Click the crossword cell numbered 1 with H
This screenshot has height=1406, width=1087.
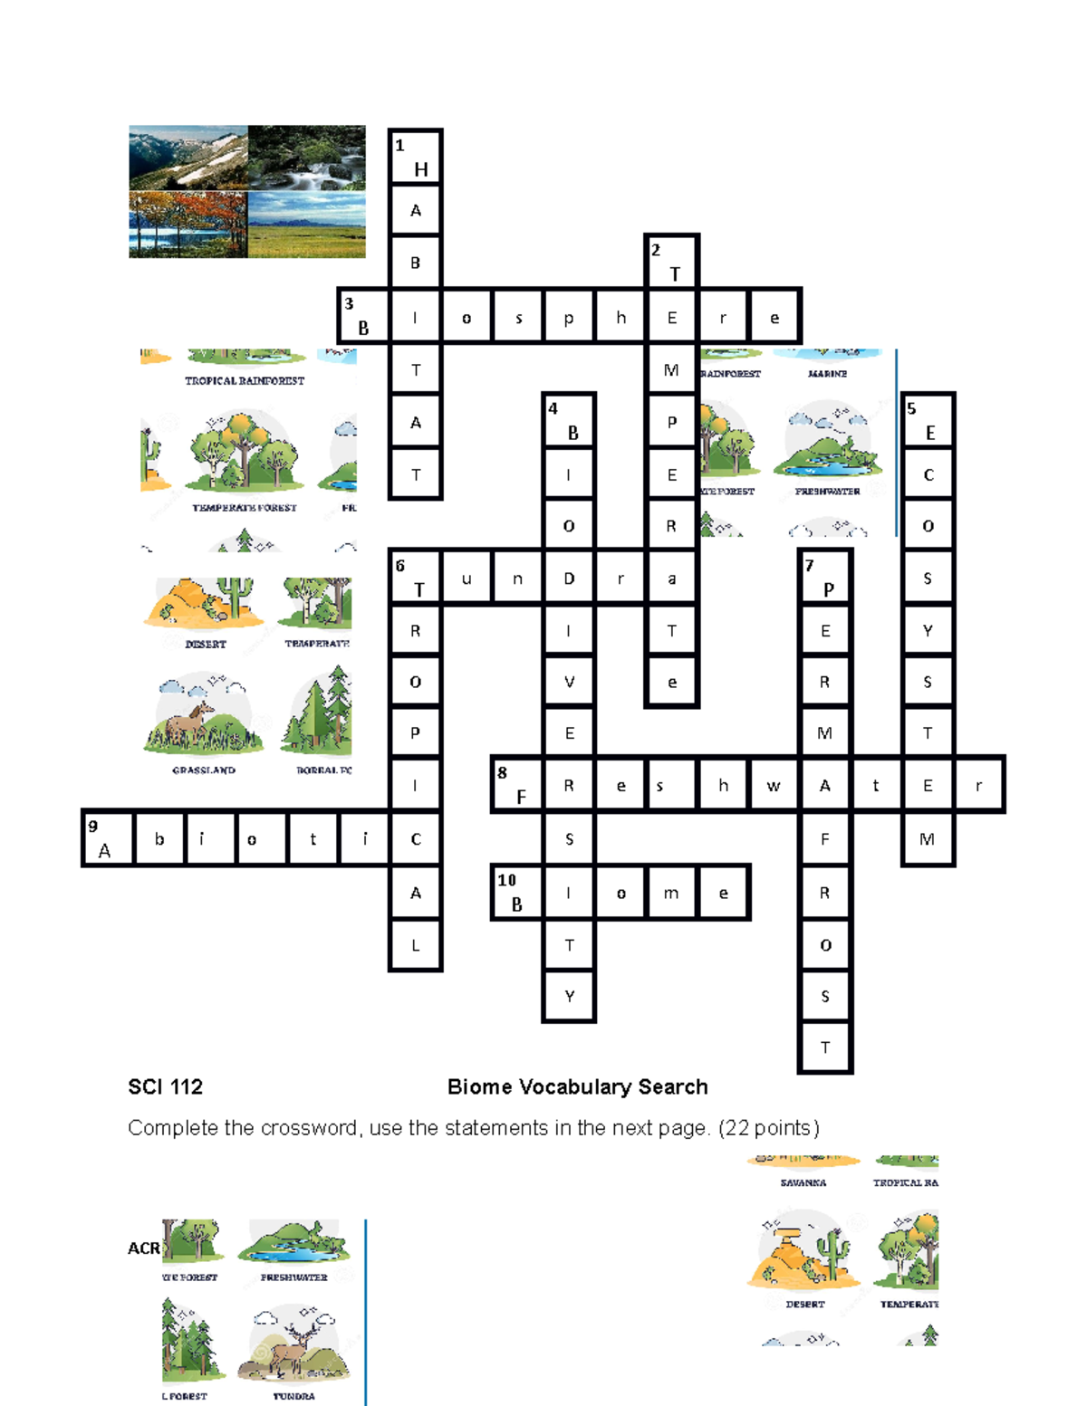coord(415,158)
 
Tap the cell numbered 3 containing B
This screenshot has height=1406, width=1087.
coord(364,317)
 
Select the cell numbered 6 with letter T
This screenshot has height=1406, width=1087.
coord(415,578)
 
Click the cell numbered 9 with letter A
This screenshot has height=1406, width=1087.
coord(108,839)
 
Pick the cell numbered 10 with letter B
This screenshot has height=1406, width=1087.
coord(517,893)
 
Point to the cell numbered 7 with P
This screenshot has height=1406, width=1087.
coord(825,578)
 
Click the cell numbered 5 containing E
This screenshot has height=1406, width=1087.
coord(928,421)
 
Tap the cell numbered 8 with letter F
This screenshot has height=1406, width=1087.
coord(517,785)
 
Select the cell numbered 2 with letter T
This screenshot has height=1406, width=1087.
coord(671,263)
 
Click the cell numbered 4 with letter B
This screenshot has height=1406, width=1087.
coord(568,421)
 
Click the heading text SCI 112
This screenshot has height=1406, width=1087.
coord(165,1086)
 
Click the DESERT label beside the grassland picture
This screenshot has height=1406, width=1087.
coord(205,644)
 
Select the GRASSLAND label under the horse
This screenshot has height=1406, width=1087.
coord(204,770)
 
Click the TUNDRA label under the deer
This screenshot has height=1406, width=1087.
coord(293,1396)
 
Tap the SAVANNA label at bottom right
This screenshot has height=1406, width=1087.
coord(803,1182)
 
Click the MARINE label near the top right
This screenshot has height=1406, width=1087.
coord(827,373)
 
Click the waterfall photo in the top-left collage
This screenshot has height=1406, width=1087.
coord(306,158)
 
